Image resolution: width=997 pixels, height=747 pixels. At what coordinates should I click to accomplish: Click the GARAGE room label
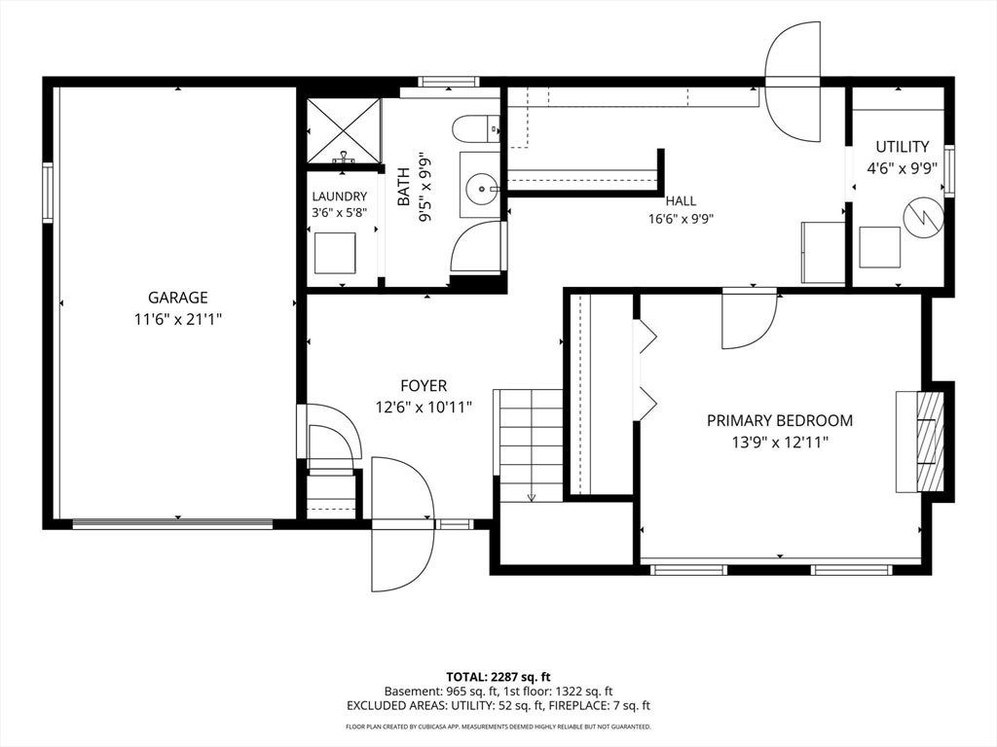[177, 298]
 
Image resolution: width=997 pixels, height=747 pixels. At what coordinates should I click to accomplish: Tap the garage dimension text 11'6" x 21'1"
[177, 319]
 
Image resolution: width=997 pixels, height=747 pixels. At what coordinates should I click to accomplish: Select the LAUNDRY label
[339, 196]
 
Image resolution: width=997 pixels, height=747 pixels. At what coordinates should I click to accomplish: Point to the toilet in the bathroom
[475, 129]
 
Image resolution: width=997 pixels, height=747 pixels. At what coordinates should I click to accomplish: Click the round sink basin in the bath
[481, 189]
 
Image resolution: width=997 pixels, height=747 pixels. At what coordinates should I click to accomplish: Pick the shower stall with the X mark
[344, 130]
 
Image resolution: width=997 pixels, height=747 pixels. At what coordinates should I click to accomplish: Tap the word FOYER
[424, 385]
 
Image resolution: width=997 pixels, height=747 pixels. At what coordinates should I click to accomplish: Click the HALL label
[681, 201]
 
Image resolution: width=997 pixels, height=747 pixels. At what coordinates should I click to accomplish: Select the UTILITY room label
[903, 147]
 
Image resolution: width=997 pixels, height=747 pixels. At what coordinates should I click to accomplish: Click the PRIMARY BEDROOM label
[780, 420]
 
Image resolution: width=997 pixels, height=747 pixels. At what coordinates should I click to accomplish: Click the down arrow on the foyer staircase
[532, 497]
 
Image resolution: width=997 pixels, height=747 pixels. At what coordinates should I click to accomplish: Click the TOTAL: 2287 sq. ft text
[498, 677]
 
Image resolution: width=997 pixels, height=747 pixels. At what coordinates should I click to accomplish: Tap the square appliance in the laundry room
[335, 253]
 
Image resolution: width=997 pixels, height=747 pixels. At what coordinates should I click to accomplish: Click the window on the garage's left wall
[48, 193]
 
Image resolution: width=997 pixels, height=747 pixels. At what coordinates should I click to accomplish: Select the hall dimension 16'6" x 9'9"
[681, 220]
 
